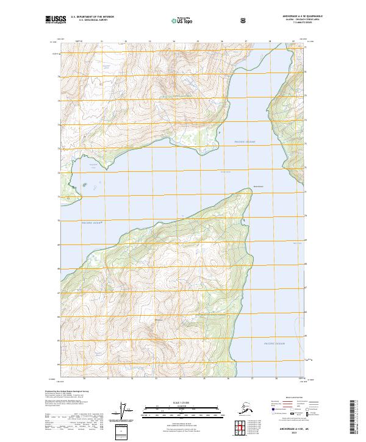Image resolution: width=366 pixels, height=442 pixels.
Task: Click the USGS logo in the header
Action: click(55, 20)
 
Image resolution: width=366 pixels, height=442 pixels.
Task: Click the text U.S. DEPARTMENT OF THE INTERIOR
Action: click(92, 18)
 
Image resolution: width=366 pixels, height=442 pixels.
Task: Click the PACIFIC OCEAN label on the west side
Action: click(92, 223)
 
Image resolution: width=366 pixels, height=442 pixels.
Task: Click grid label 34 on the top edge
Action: click(174, 41)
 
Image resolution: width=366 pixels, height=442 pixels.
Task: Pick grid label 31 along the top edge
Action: click(102, 41)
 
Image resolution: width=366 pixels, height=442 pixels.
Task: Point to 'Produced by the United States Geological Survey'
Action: click(63, 391)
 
